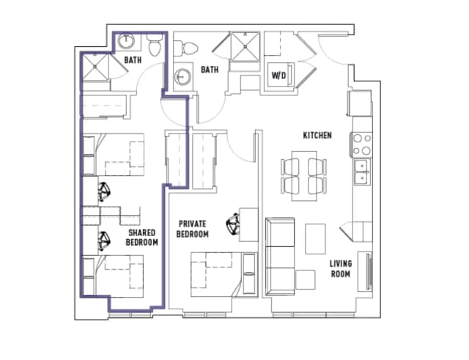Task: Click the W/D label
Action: tap(278, 76)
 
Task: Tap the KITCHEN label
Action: tap(318, 136)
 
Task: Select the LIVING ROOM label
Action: tap(340, 268)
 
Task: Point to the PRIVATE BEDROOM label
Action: tap(193, 229)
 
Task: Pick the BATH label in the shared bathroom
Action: tap(133, 62)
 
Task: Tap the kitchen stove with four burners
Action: tap(361, 144)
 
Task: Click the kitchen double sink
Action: tap(361, 172)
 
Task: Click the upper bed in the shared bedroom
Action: tap(117, 155)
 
